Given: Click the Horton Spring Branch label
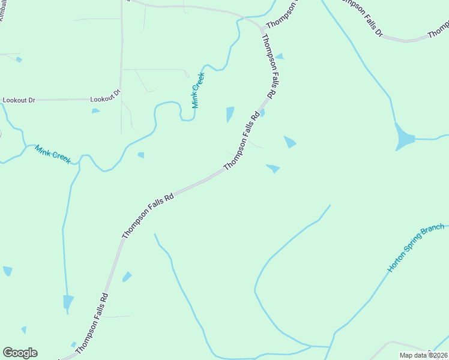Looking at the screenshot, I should pos(415,248).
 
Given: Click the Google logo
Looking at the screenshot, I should pos(20,352).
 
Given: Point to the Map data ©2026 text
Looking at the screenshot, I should pos(423,355).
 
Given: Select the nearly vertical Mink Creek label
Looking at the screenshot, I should pos(198,90).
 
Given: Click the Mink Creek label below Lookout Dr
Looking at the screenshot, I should pos(53,154).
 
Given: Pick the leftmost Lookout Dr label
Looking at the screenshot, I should pos(19,100).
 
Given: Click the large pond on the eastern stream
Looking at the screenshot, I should pos(404,139).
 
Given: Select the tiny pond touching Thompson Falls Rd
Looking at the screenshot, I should pos(262,112).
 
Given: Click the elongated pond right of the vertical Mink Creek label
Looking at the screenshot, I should pos(230,113).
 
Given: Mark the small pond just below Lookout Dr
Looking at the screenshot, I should pos(95,110).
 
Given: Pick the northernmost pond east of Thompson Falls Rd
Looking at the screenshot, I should pos(279,56).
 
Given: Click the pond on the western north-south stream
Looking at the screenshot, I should pos(68,301).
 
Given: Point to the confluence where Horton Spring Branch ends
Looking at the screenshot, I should pos(330,346).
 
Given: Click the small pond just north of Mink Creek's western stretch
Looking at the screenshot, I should pos(140,155).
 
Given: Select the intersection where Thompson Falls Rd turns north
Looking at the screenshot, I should pos(262,29).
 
